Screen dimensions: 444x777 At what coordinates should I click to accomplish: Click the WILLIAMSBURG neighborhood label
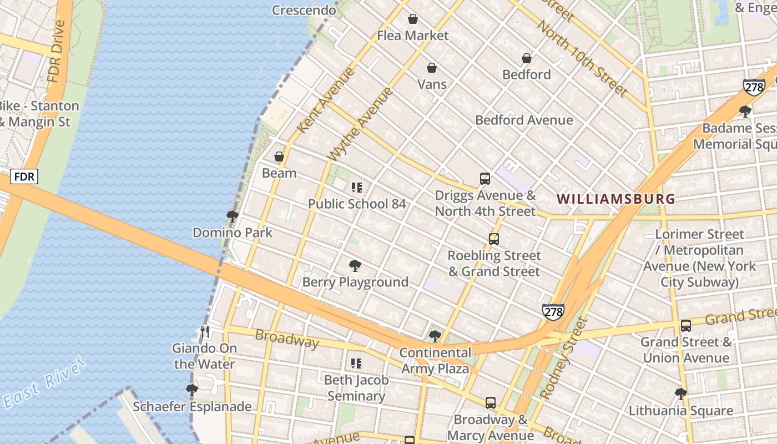click(x=615, y=199)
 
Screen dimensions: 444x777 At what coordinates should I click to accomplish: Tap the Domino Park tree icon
click(x=233, y=216)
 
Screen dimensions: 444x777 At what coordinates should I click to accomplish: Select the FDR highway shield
click(x=24, y=177)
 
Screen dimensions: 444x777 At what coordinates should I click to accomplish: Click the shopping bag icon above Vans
click(x=432, y=68)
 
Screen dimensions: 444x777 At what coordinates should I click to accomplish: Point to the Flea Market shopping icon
click(x=413, y=19)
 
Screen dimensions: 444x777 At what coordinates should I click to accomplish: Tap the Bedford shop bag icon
click(x=527, y=58)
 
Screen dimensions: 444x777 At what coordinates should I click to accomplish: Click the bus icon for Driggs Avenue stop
click(x=485, y=179)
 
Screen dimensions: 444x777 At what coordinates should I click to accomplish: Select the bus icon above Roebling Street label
click(x=494, y=239)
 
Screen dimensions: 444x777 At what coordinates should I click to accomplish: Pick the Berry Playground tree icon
click(x=355, y=266)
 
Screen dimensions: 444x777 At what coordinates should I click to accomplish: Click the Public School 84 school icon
click(x=357, y=188)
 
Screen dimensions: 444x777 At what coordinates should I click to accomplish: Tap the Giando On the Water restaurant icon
click(x=205, y=332)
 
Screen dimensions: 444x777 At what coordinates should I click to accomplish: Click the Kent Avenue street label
click(x=326, y=100)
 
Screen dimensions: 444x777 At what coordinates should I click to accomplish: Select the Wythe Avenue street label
click(x=361, y=124)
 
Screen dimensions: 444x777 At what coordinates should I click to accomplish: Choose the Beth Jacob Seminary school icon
click(x=356, y=364)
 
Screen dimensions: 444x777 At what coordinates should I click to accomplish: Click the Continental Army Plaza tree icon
click(x=435, y=336)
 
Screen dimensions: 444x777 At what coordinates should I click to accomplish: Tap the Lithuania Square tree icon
click(x=681, y=393)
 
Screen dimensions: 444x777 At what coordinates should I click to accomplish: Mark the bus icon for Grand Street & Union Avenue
click(x=686, y=326)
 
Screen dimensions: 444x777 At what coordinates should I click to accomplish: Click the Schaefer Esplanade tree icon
click(x=192, y=390)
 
